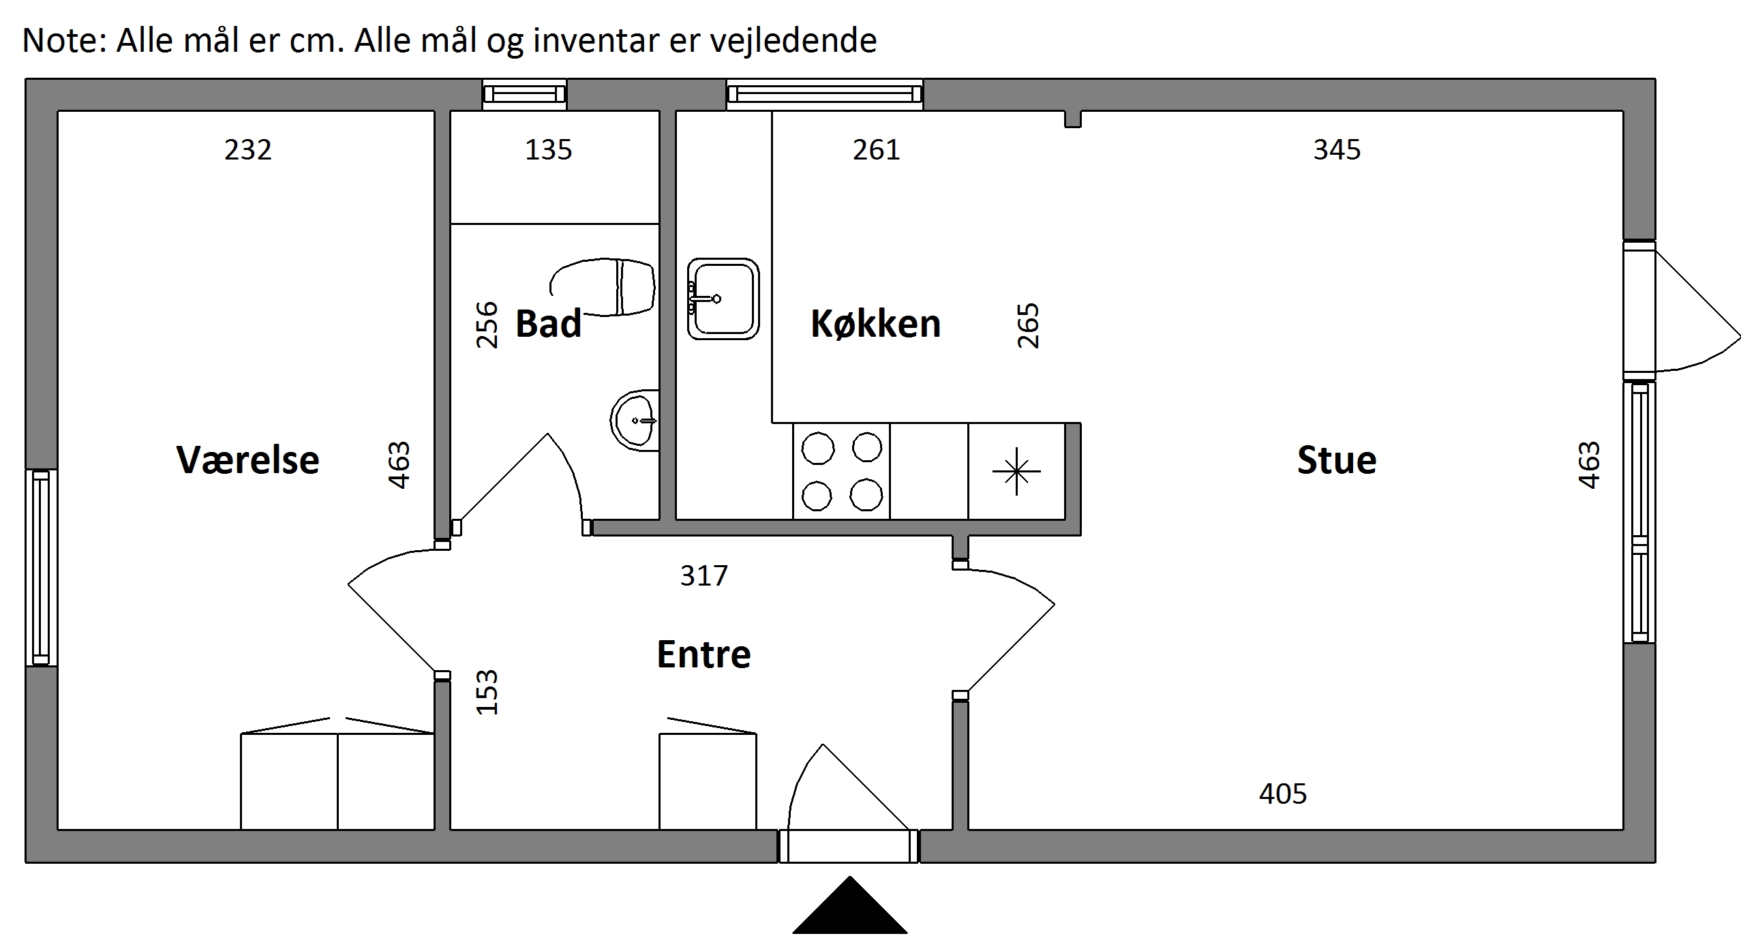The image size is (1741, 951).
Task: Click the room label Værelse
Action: [x=247, y=459]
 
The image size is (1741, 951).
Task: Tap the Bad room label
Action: [x=548, y=323]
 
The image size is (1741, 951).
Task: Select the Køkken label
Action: [x=875, y=323]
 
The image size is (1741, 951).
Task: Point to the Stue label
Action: [x=1336, y=459]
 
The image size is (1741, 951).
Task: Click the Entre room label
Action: [x=703, y=654]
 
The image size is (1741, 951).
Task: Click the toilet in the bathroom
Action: [x=603, y=287]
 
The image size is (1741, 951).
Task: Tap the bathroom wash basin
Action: [x=635, y=420]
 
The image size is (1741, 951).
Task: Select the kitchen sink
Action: [x=723, y=299]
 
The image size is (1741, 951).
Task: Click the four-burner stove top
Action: [x=841, y=471]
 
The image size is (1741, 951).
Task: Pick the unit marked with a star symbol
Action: [x=1016, y=471]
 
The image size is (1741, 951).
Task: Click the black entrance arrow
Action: [x=849, y=905]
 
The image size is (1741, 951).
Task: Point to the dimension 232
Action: [x=247, y=149]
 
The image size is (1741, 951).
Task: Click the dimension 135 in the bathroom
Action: [x=548, y=149]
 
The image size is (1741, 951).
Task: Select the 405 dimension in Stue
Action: [x=1283, y=794]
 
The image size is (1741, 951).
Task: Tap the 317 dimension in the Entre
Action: [x=703, y=575]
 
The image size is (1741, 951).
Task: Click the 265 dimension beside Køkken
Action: [x=1028, y=325]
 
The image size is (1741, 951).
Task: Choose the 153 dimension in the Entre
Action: [x=487, y=692]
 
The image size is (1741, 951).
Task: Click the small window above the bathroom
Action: [x=525, y=94]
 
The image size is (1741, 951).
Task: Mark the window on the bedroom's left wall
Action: [x=41, y=567]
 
